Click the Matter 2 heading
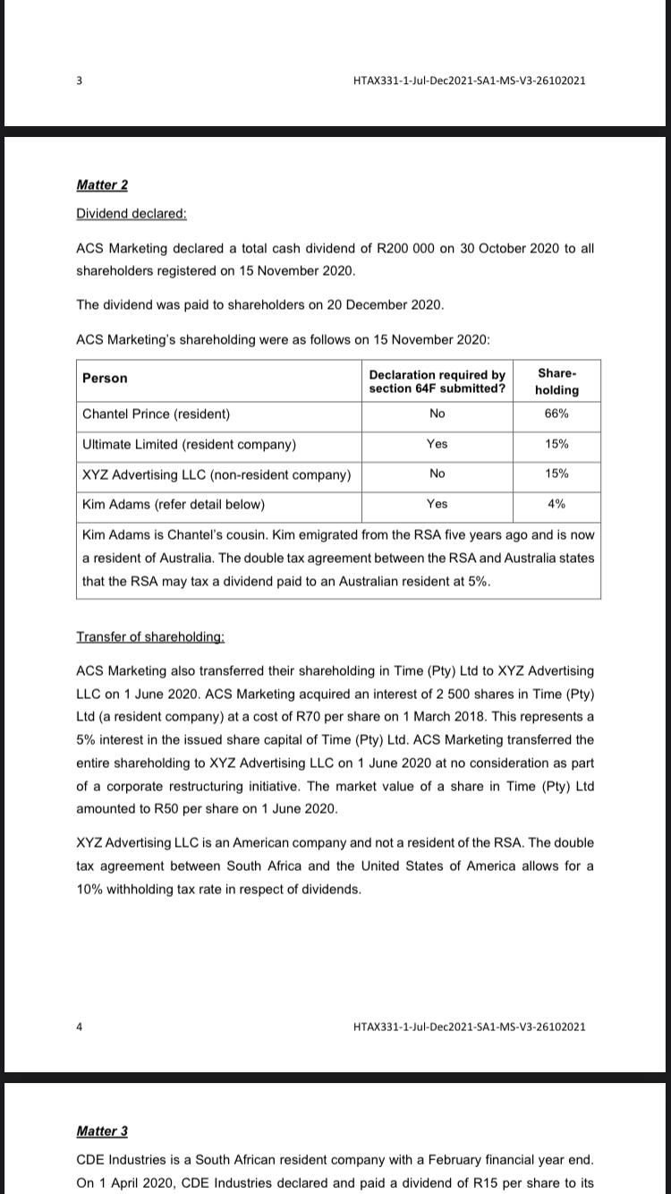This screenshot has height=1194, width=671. pos(102,185)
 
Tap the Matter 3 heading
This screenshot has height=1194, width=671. pos(102,1131)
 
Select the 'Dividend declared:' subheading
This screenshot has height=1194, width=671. pos(132,215)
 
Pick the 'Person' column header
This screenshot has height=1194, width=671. pos(105,379)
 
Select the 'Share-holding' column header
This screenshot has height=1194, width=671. pos(556,382)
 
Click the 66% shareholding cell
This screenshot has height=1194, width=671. pos(556,414)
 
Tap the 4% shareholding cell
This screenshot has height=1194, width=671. pos(556,504)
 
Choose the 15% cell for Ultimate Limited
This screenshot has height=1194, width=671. pos(556,444)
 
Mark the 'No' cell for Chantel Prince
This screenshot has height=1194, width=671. pos(437,414)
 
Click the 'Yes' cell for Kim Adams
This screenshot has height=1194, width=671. pos(437,504)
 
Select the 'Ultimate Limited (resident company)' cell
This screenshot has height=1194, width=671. pos(190,444)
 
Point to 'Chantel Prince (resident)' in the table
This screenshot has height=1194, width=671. pos(157,414)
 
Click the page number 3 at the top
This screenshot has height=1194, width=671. pos(79,81)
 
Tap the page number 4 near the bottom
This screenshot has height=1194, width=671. pos(79,1026)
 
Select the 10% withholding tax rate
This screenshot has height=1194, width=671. pos(93,890)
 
